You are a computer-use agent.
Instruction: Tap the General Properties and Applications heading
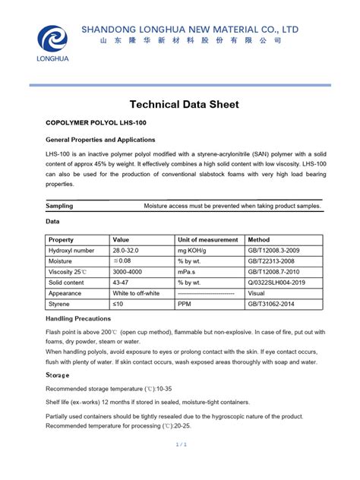click(100, 140)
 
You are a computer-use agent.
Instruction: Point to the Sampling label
click(59, 206)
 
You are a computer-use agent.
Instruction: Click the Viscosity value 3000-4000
click(128, 271)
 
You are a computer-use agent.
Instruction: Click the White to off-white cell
click(136, 292)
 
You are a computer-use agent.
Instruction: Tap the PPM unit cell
click(185, 303)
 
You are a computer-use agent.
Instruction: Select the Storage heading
click(58, 375)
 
